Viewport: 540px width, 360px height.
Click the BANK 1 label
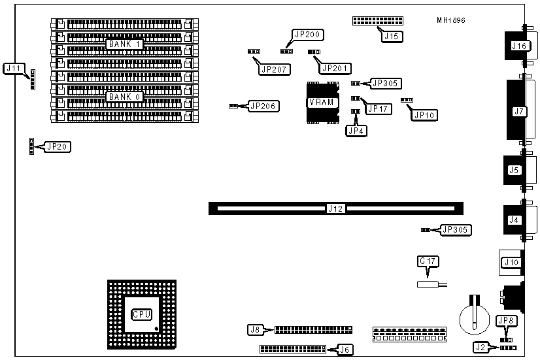click(125, 44)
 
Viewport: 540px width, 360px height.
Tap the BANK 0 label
click(125, 97)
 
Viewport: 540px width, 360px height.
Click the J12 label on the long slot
click(335, 209)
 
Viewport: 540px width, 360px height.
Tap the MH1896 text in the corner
click(451, 20)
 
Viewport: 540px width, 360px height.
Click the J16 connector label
click(519, 46)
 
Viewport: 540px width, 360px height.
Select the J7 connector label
click(519, 111)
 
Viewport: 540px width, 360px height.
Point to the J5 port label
click(514, 171)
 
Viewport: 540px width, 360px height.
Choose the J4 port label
click(514, 220)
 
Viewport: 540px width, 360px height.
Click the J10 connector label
click(510, 263)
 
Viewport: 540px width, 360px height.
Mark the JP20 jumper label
click(58, 146)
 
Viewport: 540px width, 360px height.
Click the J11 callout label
click(14, 68)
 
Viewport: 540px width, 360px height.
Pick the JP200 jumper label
click(305, 35)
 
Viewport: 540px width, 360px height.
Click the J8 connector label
click(255, 330)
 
